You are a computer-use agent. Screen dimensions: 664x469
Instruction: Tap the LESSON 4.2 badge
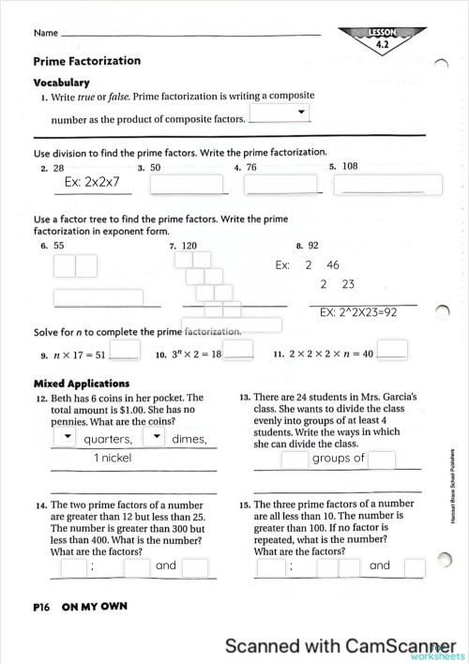point(382,38)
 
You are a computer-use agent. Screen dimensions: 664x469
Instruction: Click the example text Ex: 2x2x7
point(92,182)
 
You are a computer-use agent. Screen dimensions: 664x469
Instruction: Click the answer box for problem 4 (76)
point(267,185)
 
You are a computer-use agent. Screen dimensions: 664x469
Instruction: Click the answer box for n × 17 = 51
point(125,350)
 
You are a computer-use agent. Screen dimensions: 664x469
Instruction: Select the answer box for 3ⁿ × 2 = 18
point(239,350)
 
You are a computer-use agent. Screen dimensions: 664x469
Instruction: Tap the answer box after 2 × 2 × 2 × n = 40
point(393,350)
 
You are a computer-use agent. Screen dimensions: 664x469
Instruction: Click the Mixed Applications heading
point(82,383)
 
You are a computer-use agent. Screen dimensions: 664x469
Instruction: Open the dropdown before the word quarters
point(66,438)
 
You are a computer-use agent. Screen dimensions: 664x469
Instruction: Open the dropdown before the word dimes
point(154,438)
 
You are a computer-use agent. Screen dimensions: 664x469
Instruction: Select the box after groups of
point(382,460)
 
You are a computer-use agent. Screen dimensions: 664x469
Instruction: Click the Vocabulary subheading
point(61,83)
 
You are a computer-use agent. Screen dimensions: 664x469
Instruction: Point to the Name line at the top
point(188,34)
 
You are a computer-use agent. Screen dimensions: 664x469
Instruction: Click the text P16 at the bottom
point(41,606)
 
